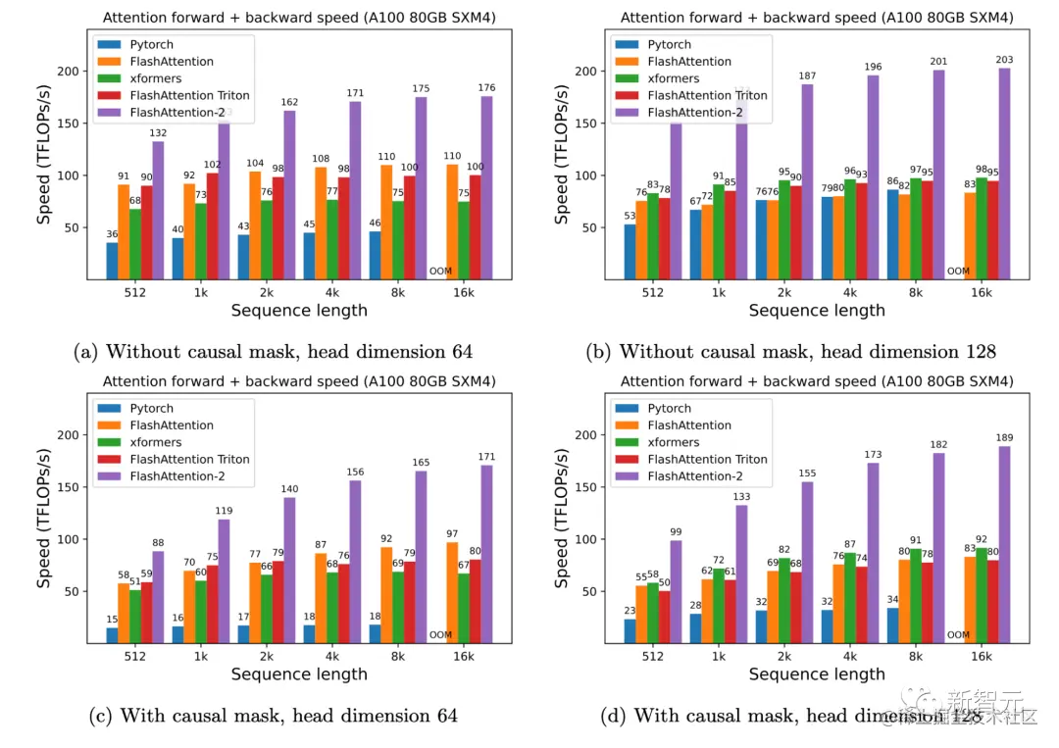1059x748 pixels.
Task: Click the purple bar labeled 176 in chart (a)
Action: pyautogui.click(x=486, y=188)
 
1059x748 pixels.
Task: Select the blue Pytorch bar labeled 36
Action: pyautogui.click(x=113, y=261)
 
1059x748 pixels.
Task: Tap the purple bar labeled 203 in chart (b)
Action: pyautogui.click(x=1004, y=174)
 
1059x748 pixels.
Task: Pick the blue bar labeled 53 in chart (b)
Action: pyautogui.click(x=629, y=252)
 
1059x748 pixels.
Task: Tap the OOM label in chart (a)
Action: pyautogui.click(x=440, y=272)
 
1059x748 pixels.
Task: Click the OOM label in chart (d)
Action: pyautogui.click(x=958, y=635)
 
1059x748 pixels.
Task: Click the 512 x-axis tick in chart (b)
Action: pyautogui.click(x=654, y=292)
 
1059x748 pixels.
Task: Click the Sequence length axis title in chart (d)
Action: pyautogui.click(x=816, y=674)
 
